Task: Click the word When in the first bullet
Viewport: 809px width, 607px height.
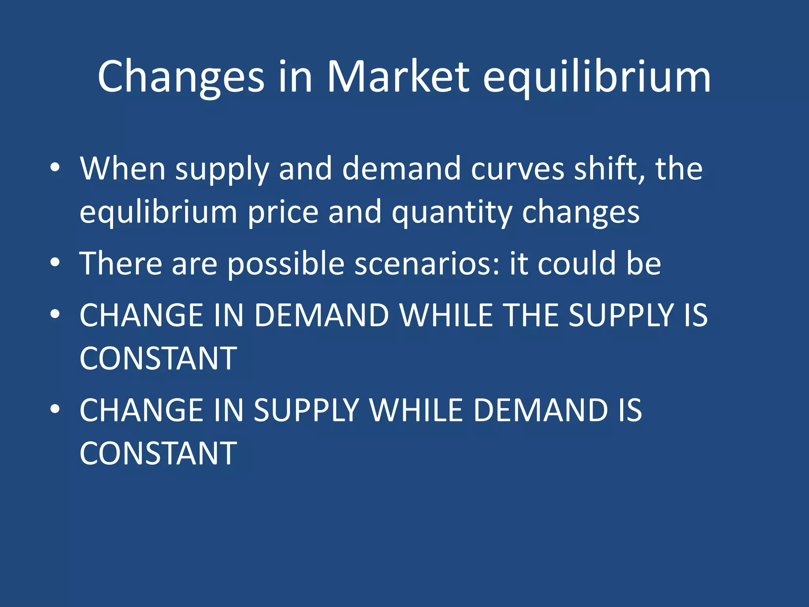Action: pyautogui.click(x=122, y=169)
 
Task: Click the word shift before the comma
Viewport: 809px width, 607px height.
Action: pyautogui.click(x=608, y=169)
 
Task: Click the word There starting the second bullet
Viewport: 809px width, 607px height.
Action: pyautogui.click(x=121, y=264)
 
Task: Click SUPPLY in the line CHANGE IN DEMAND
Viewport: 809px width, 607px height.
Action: pyautogui.click(x=621, y=315)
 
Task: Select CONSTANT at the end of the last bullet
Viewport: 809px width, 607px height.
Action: pyautogui.click(x=158, y=453)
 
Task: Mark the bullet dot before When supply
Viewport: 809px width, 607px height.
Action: pyautogui.click(x=55, y=168)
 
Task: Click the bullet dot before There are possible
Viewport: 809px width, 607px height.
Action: pyautogui.click(x=55, y=262)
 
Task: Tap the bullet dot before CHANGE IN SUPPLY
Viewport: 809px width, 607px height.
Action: pyautogui.click(x=55, y=409)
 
